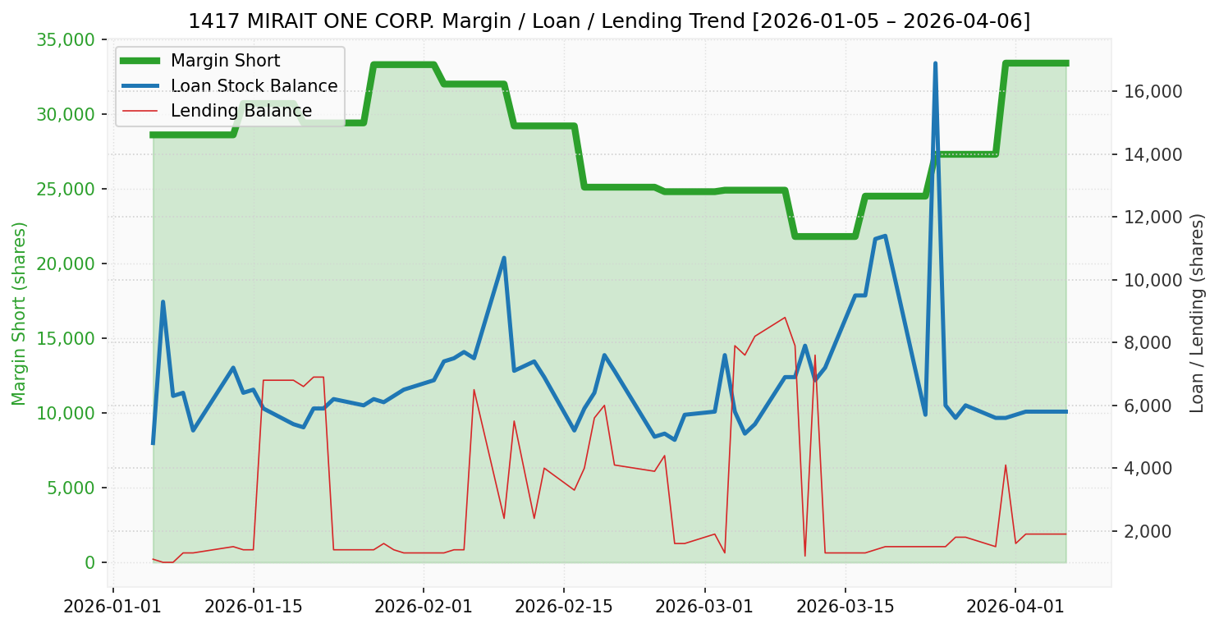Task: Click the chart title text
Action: coord(609,21)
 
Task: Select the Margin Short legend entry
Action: coord(225,61)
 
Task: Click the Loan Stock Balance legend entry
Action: coord(254,86)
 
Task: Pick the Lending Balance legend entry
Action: coord(241,111)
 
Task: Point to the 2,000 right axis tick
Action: coord(1155,531)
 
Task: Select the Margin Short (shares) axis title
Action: coord(19,314)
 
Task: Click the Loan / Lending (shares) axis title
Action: coord(1197,314)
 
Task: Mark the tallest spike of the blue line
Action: coord(935,63)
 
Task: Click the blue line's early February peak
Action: coord(503,258)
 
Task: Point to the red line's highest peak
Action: coord(785,318)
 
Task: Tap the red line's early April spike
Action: coord(1006,465)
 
